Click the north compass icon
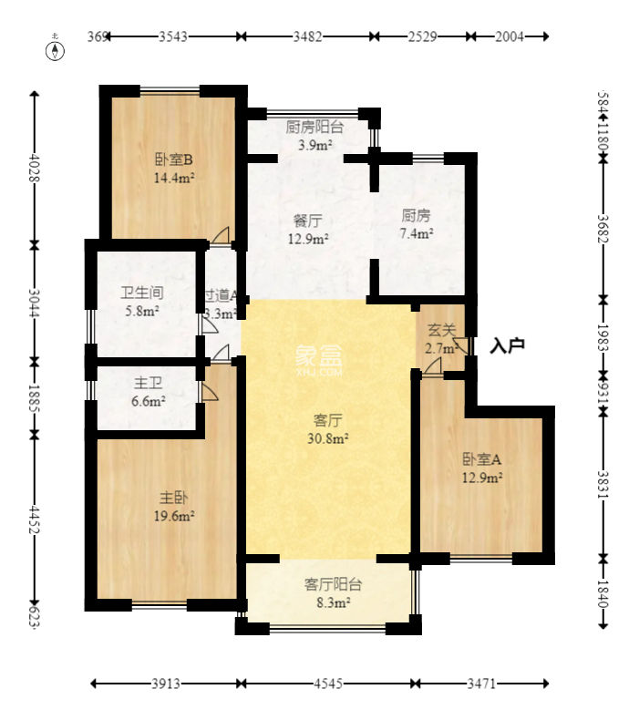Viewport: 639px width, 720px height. [56, 50]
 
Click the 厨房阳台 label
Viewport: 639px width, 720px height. [314, 128]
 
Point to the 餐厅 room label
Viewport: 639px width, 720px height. [306, 221]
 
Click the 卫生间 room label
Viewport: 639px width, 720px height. [142, 293]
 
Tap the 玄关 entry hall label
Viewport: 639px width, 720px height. [441, 329]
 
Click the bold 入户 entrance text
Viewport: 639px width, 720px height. [507, 345]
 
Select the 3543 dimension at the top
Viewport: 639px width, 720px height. [173, 36]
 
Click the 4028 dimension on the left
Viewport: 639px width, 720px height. [35, 167]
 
